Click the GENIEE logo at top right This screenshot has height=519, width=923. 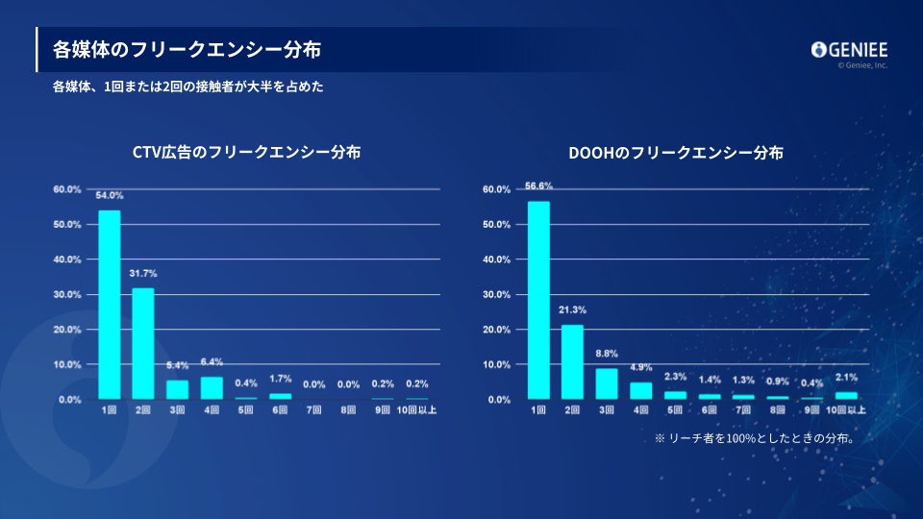pyautogui.click(x=849, y=50)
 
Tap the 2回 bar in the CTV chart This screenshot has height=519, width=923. pyautogui.click(x=143, y=343)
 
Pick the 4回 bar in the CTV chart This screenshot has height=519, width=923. pyautogui.click(x=212, y=387)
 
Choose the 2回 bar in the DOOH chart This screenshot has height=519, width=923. pyautogui.click(x=572, y=361)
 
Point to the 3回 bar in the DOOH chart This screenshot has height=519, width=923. pyautogui.click(x=607, y=383)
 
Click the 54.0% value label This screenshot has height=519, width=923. pyautogui.click(x=110, y=196)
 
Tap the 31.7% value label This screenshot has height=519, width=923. pyautogui.click(x=143, y=274)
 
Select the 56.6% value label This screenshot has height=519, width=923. pyautogui.click(x=538, y=186)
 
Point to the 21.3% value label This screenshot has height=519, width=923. pyautogui.click(x=572, y=310)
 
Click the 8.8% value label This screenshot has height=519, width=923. pyautogui.click(x=607, y=355)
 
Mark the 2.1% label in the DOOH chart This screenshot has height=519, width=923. pyautogui.click(x=846, y=378)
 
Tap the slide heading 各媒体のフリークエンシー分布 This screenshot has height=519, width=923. pyautogui.click(x=187, y=49)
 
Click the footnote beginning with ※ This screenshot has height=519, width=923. pyautogui.click(x=756, y=437)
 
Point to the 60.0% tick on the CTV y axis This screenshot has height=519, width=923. pyautogui.click(x=67, y=189)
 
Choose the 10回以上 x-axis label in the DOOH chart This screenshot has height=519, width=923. pyautogui.click(x=846, y=411)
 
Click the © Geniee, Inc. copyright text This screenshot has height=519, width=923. pyautogui.click(x=862, y=65)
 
